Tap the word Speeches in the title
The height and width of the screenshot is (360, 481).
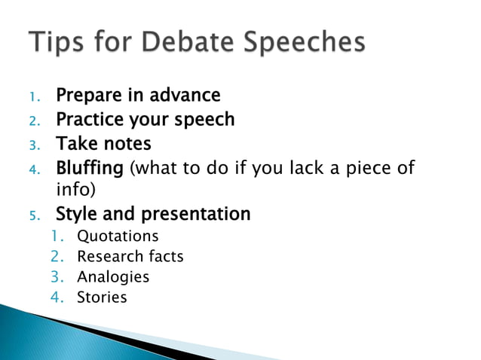(306, 43)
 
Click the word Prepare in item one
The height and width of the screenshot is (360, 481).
(89, 96)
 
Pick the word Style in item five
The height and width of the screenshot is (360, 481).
(78, 215)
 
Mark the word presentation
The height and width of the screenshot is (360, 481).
(199, 215)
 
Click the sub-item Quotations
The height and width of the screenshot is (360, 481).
(118, 236)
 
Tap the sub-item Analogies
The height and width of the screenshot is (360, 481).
(113, 277)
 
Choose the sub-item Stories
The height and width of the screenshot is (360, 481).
(102, 297)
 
